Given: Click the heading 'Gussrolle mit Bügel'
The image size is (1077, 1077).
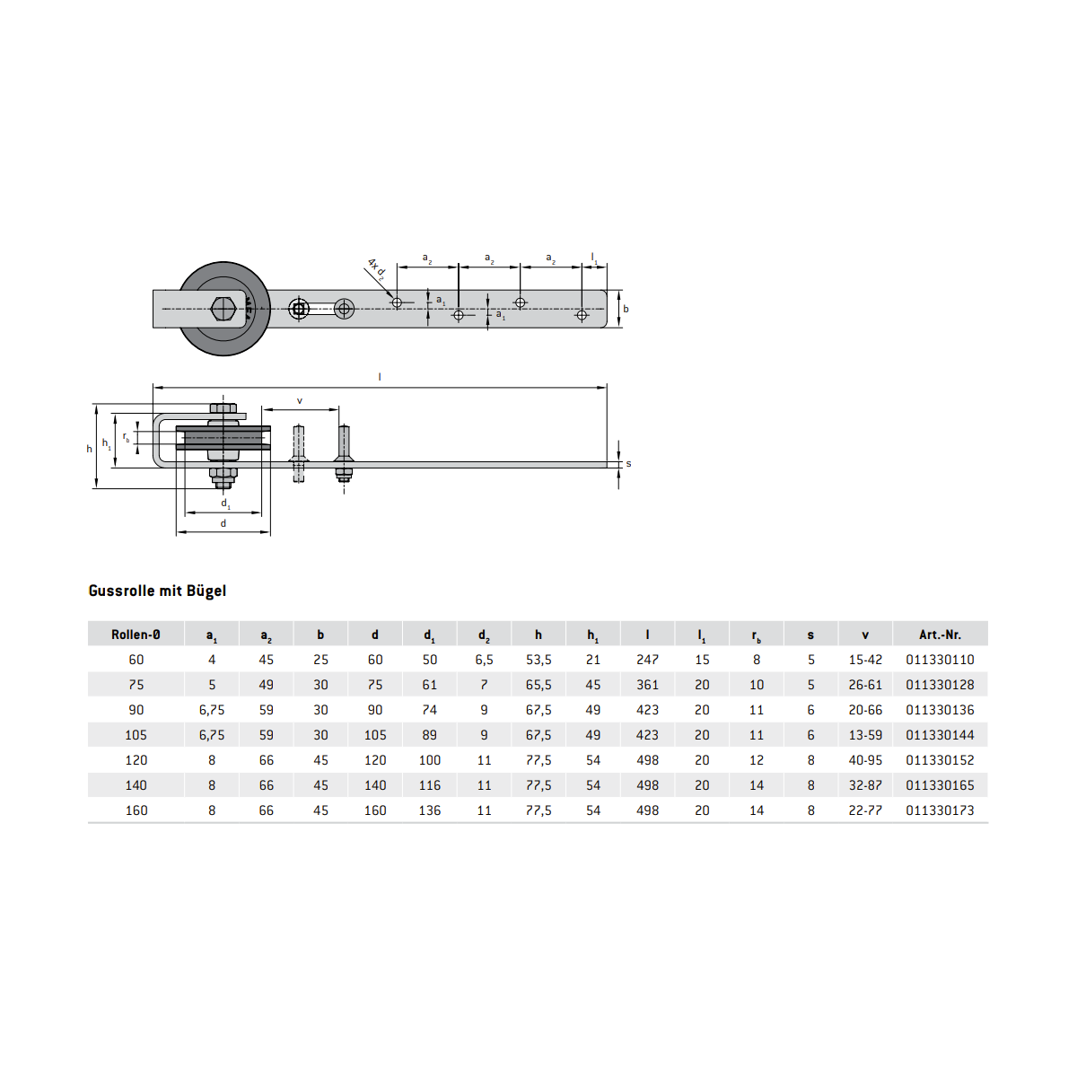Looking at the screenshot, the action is click(x=157, y=591).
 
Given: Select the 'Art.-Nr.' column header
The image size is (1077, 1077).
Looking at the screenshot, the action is click(x=940, y=635).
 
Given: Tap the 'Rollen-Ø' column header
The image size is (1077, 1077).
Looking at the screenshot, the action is click(x=136, y=635).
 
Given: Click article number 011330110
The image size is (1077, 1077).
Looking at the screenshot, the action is click(x=940, y=660).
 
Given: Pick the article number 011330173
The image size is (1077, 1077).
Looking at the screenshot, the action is click(x=940, y=811).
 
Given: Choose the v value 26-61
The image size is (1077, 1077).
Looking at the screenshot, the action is click(x=865, y=685).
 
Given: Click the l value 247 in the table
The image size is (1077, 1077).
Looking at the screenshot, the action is click(x=647, y=660).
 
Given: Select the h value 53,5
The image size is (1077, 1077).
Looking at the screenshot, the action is click(x=538, y=660).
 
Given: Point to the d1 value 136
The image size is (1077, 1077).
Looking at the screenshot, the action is click(x=429, y=811).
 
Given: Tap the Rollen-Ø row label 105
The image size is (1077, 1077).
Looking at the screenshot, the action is click(x=136, y=736).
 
